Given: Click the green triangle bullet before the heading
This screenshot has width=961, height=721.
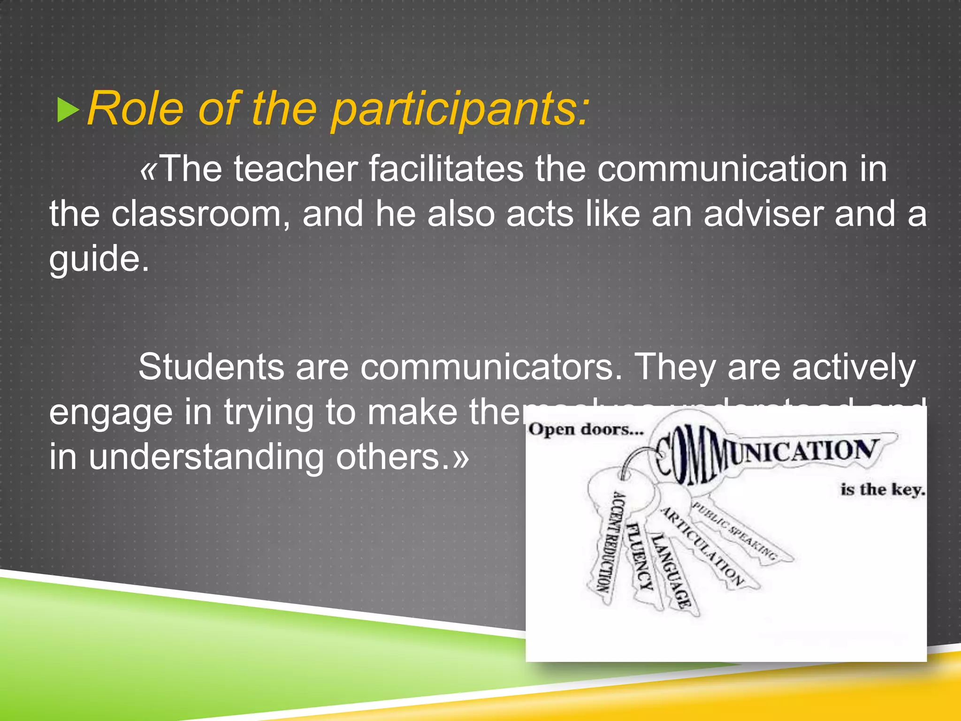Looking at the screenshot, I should (68, 110).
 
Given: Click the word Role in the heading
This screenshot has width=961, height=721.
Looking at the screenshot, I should (135, 109).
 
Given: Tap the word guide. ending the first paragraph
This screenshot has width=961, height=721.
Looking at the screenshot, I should (99, 259).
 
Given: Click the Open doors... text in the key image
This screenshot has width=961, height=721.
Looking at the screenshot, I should (586, 430).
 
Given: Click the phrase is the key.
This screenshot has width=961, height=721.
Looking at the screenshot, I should (882, 490).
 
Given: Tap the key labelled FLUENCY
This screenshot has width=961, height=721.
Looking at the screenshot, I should (640, 556).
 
